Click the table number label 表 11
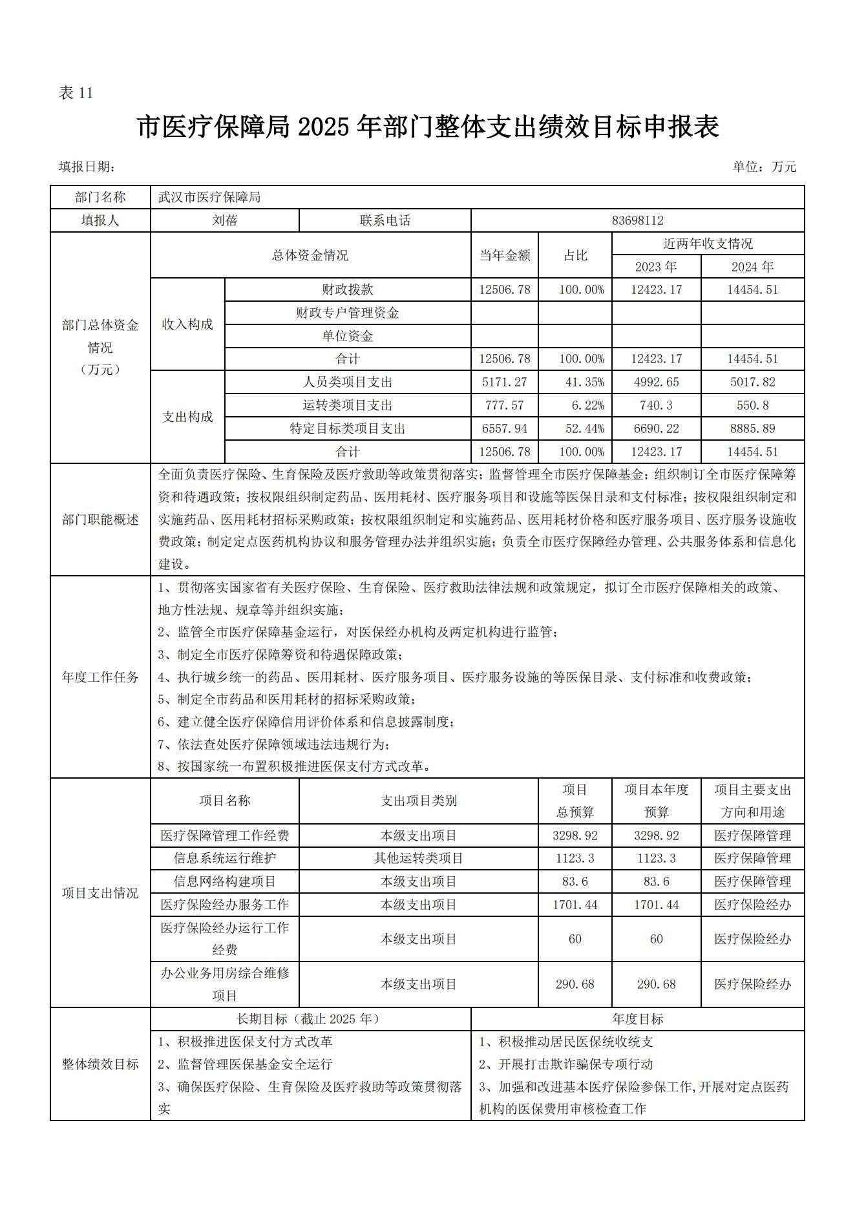pos(76,93)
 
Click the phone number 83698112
pos(637,220)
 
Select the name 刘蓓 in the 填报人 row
pos(225,220)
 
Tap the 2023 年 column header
pos(656,266)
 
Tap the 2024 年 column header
pos(752,266)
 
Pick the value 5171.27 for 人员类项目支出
pos(504,382)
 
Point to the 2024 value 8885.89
pos(752,428)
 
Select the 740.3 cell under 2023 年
pos(656,405)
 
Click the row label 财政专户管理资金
pos(348,313)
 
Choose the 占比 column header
pos(575,255)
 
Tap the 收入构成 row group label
pos(187,324)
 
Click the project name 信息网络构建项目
pos(225,881)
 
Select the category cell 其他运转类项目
pos(418,858)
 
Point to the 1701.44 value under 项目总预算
pos(575,905)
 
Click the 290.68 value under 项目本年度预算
pos(656,984)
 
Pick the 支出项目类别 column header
pos(418,801)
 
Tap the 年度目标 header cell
pos(637,1019)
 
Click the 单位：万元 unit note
pos(764,167)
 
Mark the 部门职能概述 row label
pos(100,520)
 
